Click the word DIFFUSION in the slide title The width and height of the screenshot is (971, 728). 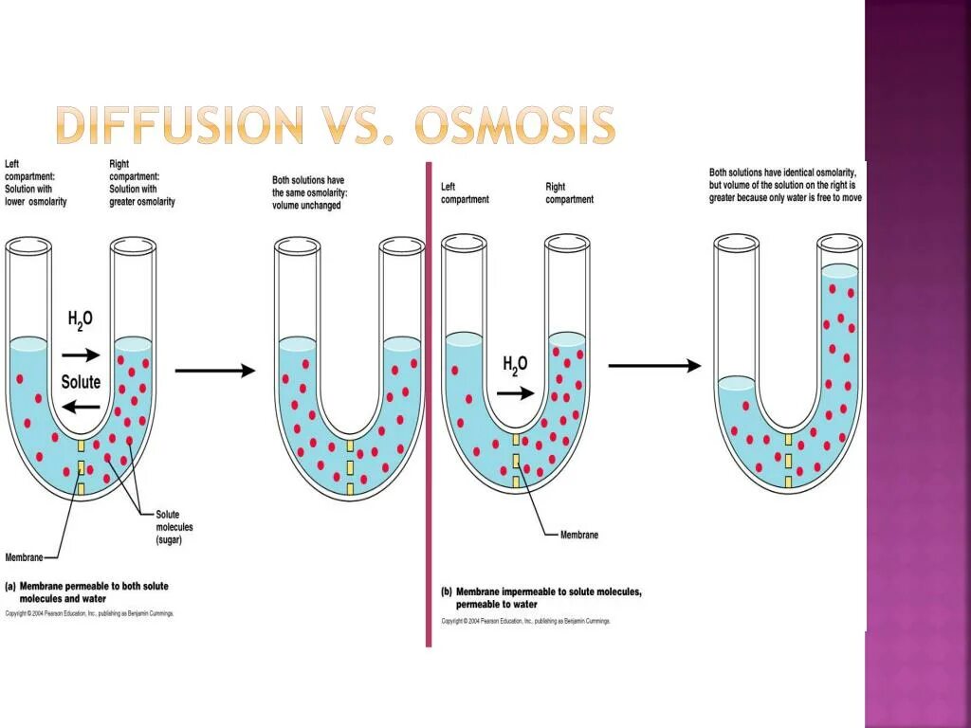178,125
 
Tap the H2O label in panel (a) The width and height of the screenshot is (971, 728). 81,320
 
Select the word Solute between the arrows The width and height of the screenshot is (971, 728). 81,383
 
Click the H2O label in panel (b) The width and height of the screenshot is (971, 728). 515,365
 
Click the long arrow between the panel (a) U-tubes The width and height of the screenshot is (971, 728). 215,371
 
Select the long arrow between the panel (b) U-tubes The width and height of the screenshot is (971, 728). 654,365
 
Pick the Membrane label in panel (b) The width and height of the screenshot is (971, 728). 578,536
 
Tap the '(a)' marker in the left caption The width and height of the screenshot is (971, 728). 11,587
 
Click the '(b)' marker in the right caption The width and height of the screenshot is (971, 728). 448,591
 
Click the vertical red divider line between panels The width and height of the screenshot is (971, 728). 429,408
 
